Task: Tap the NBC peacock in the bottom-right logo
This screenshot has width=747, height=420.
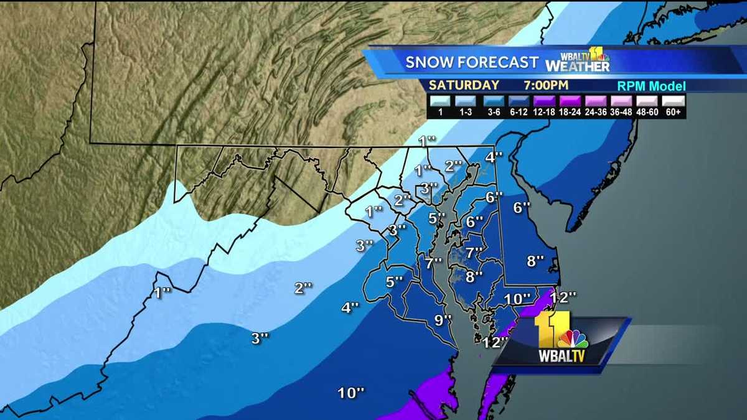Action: coord(573,339)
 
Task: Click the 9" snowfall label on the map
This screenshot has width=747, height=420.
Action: coord(443,320)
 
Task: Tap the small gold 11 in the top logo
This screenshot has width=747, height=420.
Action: coord(596,54)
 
